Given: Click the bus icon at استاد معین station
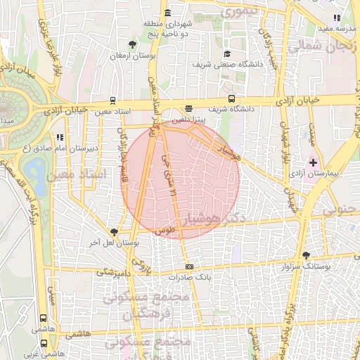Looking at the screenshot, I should (112, 101).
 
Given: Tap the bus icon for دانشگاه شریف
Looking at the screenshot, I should (231, 99).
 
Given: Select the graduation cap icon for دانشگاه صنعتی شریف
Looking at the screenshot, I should (227, 53).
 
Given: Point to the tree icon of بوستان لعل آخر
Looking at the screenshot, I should (115, 231).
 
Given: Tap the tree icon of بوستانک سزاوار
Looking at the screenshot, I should (305, 256).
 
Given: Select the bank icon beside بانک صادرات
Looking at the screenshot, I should (188, 267).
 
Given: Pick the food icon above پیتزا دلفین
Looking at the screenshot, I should (188, 108).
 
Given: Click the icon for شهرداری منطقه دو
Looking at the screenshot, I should (167, 13).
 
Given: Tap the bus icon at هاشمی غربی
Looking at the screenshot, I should (45, 344).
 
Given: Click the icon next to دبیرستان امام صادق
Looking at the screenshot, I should (59, 137).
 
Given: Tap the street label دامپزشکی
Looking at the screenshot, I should (112, 271).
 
